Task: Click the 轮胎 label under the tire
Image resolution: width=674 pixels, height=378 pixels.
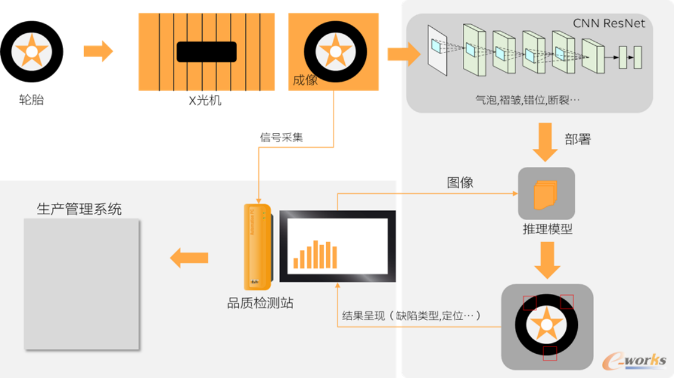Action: coord(31,100)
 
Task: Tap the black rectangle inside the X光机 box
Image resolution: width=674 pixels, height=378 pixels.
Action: coord(206,51)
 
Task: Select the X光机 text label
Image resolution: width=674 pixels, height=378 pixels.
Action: coord(205,100)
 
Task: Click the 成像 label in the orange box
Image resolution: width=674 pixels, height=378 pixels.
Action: coord(305,80)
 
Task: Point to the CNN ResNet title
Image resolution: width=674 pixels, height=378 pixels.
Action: coord(609,23)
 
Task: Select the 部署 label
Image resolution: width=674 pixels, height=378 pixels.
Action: coord(578,139)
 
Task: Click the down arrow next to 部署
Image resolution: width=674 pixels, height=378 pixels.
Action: coord(545,142)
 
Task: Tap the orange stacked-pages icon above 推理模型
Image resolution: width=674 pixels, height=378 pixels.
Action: coord(546,195)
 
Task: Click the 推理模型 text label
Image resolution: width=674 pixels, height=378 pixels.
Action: coord(547,229)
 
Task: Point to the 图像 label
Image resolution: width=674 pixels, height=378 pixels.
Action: coord(460,183)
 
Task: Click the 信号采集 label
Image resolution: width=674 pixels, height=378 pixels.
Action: coord(281,137)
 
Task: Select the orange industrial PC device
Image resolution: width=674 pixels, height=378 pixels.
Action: coord(258,247)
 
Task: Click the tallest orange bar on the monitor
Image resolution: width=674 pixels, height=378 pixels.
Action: coord(315,254)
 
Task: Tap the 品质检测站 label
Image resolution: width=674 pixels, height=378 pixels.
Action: coord(260,303)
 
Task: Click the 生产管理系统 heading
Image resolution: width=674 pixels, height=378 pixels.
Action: coord(79,209)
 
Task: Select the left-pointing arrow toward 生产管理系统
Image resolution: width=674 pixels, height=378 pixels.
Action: coord(189,258)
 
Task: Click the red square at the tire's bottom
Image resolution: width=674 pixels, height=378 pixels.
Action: coord(550,353)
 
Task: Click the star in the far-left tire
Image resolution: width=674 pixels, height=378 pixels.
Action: coord(31,51)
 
